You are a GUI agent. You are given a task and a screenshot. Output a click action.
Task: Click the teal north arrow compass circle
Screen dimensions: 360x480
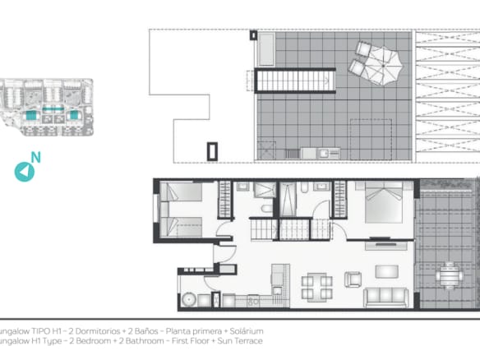tap(25, 171)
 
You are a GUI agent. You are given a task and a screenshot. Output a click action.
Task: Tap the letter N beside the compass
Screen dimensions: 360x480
tap(35, 157)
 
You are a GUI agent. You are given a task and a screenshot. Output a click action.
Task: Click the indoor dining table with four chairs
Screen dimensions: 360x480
tap(316, 287)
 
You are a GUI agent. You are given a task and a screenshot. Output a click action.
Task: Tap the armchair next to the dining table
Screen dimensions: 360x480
tap(353, 279)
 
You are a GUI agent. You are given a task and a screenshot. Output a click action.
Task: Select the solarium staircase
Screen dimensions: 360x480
tap(294, 81)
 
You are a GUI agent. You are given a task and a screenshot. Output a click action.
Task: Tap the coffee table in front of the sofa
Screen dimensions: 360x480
tap(385, 271)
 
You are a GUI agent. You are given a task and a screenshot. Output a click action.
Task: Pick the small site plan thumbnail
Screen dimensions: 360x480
tap(48, 107)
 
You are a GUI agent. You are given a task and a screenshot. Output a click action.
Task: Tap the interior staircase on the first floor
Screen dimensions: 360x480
tap(279, 228)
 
